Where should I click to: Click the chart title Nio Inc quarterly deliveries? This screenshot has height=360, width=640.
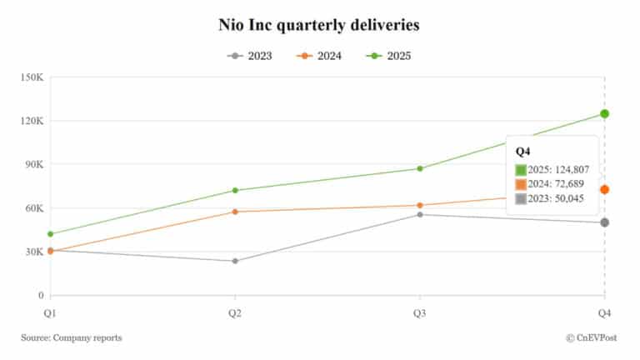319,25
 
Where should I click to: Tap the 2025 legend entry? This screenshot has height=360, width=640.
387,56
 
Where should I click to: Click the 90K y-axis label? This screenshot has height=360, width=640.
32,164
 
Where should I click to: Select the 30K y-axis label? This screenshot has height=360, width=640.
32,252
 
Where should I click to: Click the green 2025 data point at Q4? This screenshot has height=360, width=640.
604,114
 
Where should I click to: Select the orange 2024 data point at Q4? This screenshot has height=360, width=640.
604,190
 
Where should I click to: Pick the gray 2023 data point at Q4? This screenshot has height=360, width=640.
604,222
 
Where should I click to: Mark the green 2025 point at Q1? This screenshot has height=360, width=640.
51,233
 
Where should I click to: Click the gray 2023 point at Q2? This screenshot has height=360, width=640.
235,261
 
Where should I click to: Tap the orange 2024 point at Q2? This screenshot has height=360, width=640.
235,212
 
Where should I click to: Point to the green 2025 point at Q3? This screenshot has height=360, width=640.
420,168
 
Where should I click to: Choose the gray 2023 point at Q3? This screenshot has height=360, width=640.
420,215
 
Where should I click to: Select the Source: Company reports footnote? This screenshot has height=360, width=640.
72,337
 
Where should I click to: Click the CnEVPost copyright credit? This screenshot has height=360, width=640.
592,337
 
